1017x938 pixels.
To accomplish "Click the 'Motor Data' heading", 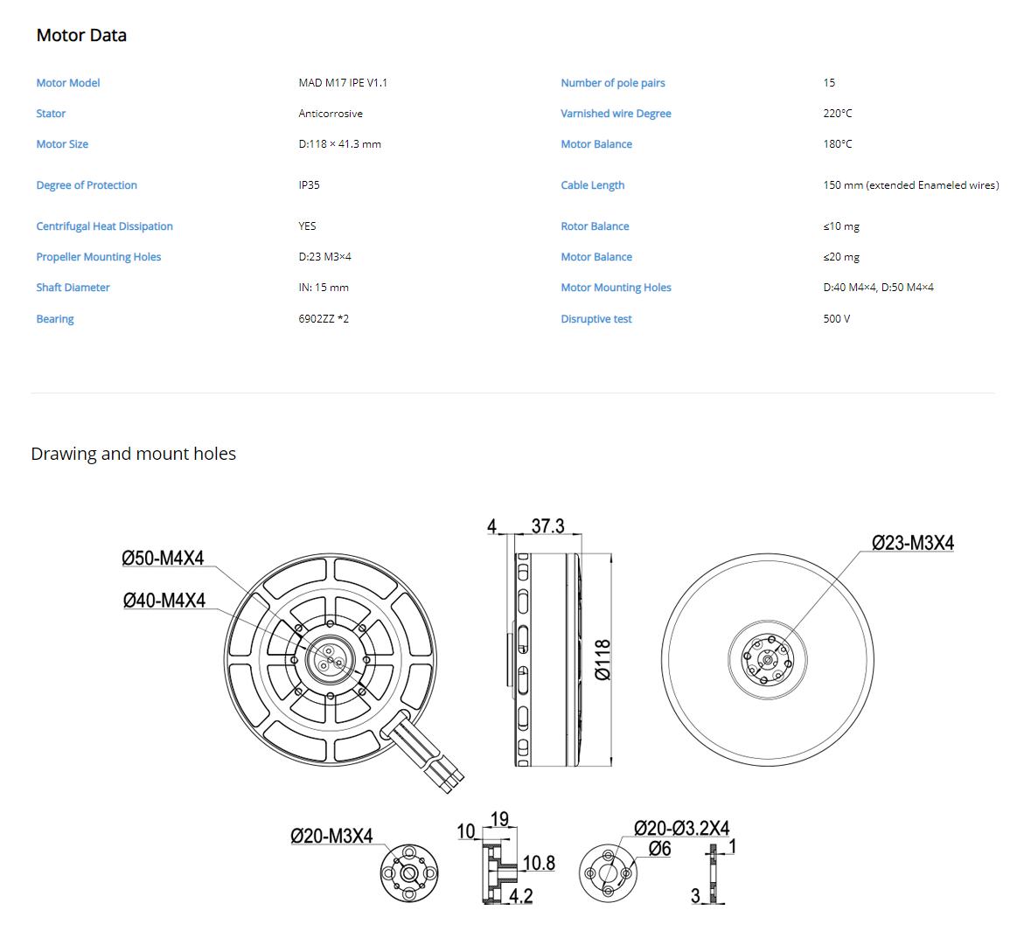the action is click(81, 35).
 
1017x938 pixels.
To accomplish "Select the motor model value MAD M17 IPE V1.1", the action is click(343, 83).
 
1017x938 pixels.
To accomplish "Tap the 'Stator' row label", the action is click(51, 114).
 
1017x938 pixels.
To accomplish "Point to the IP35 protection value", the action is click(309, 184).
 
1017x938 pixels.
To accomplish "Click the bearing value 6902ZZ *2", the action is click(324, 319).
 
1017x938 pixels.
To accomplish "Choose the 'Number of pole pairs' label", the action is click(613, 83).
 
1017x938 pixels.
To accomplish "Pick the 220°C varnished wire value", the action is click(838, 114).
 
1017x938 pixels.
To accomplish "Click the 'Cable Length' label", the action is click(593, 185).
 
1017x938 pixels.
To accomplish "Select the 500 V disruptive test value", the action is click(837, 319).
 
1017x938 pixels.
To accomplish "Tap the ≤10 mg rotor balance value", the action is click(841, 226).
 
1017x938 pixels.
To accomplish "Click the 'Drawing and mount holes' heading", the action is click(134, 454).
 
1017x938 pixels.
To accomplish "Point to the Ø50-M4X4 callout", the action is click(163, 558).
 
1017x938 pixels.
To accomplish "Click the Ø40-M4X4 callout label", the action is click(164, 601).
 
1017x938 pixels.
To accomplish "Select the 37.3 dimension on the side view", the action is click(548, 525).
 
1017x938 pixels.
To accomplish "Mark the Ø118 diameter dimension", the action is click(603, 660).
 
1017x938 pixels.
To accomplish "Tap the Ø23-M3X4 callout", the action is click(913, 543).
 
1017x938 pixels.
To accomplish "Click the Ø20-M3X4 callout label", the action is click(331, 837).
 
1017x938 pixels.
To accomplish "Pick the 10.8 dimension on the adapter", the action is click(539, 863).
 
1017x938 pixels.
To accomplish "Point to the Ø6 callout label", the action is click(659, 849).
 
